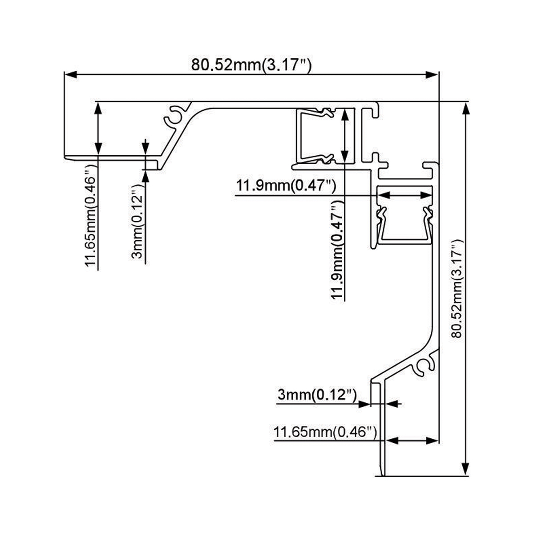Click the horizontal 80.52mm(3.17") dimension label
pos(251,65)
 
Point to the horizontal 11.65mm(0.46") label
pos(326,432)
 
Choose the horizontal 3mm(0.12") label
pos(317,394)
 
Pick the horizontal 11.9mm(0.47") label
pos(286,185)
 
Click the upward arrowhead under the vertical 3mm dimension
pos(145,176)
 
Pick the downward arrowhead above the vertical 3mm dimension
pos(145,149)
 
